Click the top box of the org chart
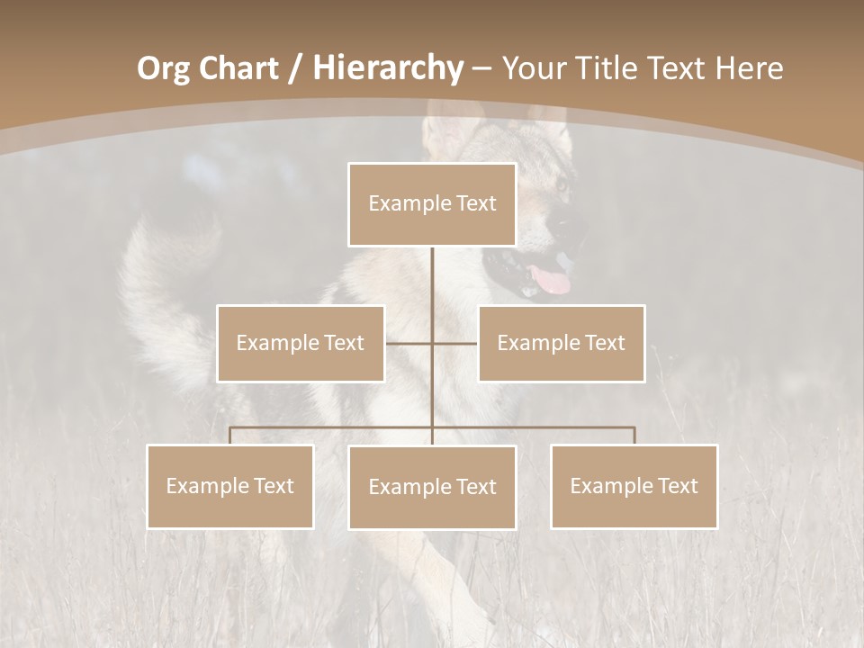(432, 204)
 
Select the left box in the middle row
(301, 343)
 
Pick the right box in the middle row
(561, 343)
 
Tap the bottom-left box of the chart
(230, 486)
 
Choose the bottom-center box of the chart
(432, 487)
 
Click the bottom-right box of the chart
(634, 486)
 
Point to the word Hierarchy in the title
(387, 68)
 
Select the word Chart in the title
(239, 68)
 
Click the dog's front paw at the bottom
(468, 612)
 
